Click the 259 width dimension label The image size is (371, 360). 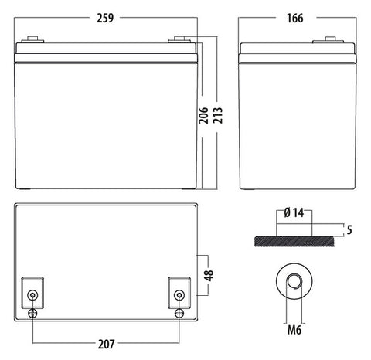[105, 18]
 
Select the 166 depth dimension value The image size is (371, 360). [295, 18]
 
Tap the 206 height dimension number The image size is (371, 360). [203, 115]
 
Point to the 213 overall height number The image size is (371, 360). [218, 115]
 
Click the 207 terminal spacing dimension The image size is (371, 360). [106, 344]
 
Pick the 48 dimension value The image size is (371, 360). [209, 275]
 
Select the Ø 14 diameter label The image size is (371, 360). [294, 213]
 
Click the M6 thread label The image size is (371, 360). [294, 330]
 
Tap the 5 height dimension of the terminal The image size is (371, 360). [349, 229]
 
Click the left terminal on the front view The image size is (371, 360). [32, 39]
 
